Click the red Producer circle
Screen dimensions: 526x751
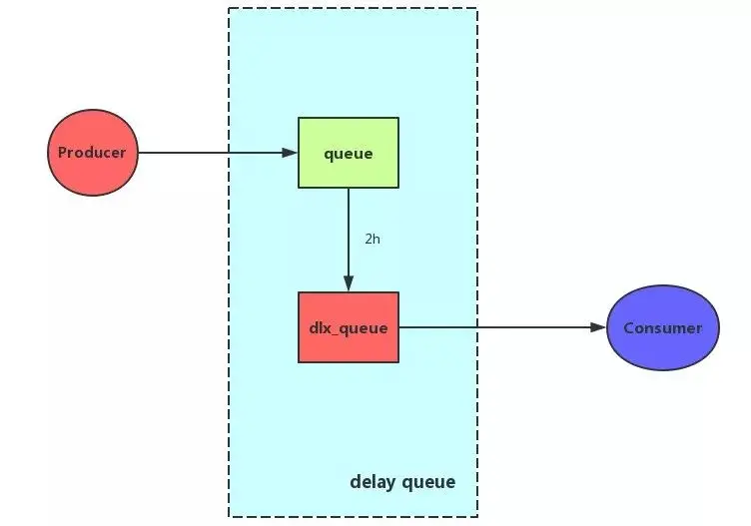tap(93, 153)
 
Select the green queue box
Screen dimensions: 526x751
tap(349, 153)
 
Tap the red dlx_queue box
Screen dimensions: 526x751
tap(349, 327)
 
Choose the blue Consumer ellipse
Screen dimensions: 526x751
tap(662, 327)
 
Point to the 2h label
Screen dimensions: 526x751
tap(372, 240)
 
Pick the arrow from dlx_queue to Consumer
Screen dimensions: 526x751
tap(499, 327)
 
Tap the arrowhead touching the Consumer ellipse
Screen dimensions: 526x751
tap(598, 327)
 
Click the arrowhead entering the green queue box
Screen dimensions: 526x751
tap(290, 153)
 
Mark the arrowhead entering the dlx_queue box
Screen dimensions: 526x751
tap(349, 284)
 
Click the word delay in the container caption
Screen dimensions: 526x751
tap(373, 482)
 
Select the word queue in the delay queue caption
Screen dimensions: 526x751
tap(428, 483)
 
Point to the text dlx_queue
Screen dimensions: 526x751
tap(349, 327)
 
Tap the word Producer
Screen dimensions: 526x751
tap(92, 153)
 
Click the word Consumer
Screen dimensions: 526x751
tap(662, 327)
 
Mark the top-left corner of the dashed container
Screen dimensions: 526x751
tap(229, 9)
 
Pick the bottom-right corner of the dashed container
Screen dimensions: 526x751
tap(477, 516)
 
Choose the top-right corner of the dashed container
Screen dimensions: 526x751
tap(477, 9)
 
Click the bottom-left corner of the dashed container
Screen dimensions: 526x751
tap(229, 516)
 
